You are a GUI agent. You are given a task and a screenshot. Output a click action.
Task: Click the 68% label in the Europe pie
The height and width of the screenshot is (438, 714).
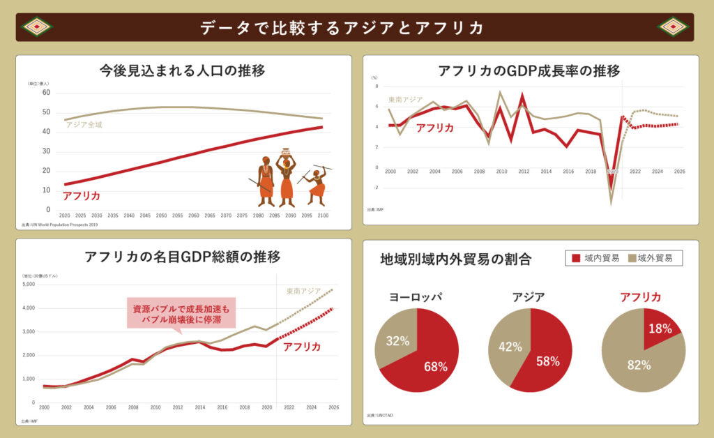coord(435,366)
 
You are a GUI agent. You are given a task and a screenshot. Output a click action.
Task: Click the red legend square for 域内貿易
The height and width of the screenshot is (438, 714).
coord(576,258)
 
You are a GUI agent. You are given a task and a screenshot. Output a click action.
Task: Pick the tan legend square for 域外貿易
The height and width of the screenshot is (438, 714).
coord(632,258)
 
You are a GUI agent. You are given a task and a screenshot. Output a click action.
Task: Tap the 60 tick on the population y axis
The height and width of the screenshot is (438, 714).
coord(46,92)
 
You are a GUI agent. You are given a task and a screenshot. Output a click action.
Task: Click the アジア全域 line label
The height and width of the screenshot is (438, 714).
coord(84,124)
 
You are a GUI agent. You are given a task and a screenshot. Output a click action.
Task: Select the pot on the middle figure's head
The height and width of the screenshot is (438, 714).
coord(285,151)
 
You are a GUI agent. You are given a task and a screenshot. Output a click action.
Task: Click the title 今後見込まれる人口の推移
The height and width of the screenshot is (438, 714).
coord(182,70)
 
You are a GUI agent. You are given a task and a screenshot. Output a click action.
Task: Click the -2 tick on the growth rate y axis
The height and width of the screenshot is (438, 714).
coord(375,188)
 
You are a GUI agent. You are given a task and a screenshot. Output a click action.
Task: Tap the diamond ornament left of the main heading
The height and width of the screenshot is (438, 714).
coord(38,27)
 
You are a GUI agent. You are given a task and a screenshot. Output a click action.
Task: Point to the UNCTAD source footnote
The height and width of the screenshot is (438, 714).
coord(379,416)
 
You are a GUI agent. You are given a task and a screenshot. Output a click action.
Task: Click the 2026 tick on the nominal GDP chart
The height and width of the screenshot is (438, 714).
coord(333,407)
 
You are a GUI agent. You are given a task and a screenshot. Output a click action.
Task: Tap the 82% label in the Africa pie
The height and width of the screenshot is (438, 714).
coord(639,365)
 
